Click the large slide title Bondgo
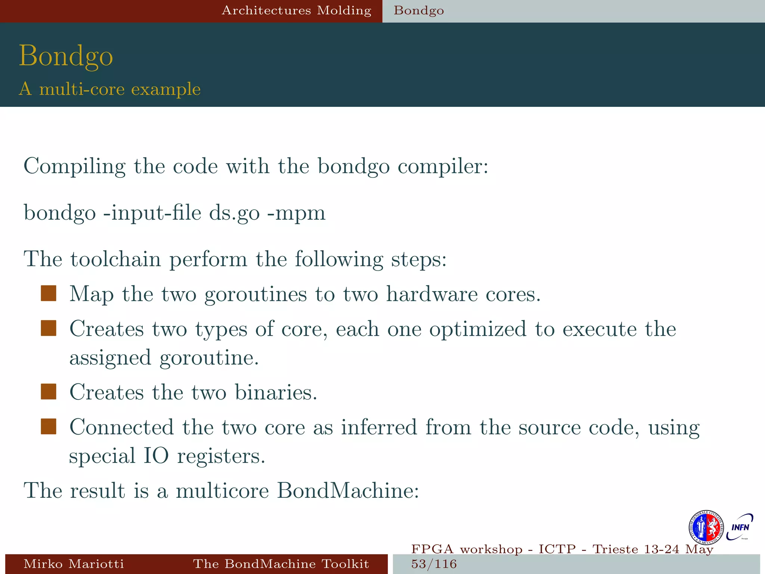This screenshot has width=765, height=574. [66, 56]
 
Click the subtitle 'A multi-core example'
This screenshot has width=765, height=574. [110, 89]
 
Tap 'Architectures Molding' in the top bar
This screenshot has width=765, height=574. [297, 10]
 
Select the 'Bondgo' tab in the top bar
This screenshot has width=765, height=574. [419, 10]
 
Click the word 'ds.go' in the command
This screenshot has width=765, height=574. [234, 213]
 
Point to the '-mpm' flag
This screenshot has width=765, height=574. [297, 213]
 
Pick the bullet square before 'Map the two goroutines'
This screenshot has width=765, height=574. [49, 293]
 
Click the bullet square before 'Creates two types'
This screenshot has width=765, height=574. [49, 328]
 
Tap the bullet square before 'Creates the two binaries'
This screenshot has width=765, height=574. [49, 392]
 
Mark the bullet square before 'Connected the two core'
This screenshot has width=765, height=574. [49, 426]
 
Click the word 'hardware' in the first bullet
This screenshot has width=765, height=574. [432, 294]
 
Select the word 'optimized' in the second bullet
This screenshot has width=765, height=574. [478, 330]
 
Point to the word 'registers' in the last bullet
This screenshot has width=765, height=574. [221, 456]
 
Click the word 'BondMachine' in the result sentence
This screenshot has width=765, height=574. [347, 490]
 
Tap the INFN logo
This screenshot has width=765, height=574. [740, 527]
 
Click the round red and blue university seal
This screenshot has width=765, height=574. [706, 528]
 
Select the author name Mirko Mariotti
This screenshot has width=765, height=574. [74, 564]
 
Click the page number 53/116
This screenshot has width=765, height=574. [434, 564]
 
